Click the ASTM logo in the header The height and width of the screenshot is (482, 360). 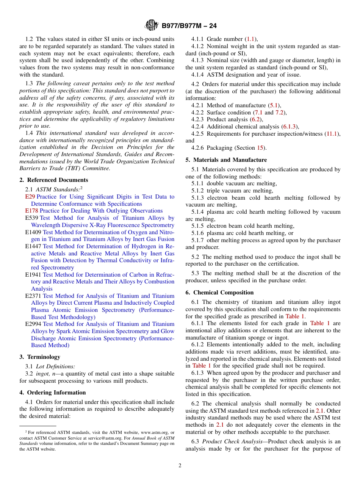point(152,26)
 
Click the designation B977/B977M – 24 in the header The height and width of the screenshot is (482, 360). point(189,26)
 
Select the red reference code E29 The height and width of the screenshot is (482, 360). point(30,197)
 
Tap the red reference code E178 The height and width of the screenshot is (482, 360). point(31,211)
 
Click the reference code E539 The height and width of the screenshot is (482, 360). point(31,218)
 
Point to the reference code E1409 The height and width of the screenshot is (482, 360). point(33,232)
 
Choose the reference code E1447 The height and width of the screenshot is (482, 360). point(33,246)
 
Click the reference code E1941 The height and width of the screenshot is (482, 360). point(33,275)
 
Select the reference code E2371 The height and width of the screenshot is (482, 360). point(33,296)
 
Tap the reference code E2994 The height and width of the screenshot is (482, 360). point(33,324)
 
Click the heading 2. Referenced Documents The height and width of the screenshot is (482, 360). point(53,180)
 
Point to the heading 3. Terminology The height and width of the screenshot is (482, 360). point(40,357)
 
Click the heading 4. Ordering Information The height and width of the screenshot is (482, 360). point(52,393)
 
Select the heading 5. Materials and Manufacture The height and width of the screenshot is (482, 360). point(226,160)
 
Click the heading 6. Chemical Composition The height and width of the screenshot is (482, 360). point(219,293)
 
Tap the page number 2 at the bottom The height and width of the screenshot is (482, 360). point(180,466)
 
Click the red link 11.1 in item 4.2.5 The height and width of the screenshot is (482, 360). point(333,134)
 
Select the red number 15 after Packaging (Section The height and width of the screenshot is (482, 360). point(260,148)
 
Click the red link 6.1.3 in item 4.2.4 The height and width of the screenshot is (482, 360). point(290,127)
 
